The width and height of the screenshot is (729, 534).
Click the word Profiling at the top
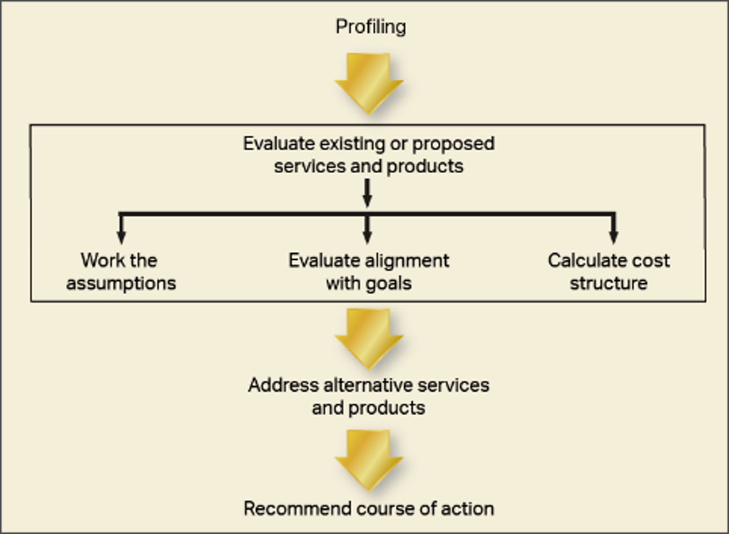coord(371,28)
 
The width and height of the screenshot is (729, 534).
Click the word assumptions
coord(121,283)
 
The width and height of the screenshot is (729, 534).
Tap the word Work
coord(100,261)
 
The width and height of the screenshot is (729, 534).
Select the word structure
coord(608,283)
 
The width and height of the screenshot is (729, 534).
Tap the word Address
coord(279,385)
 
